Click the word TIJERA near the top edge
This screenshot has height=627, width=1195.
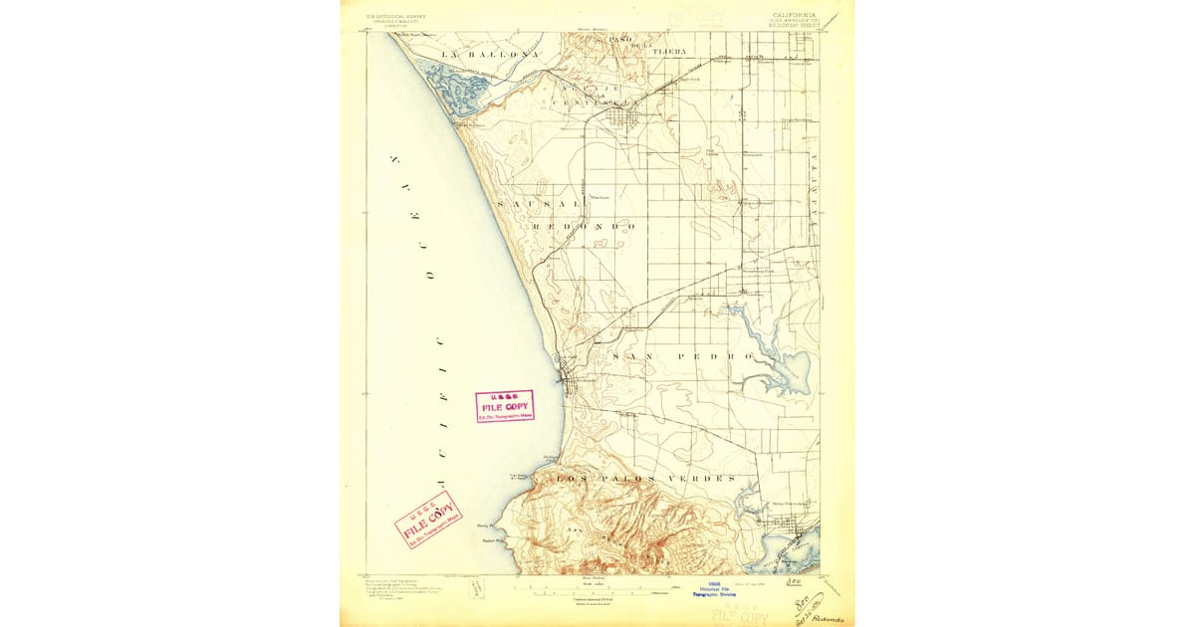668,50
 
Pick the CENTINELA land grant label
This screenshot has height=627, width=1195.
592,103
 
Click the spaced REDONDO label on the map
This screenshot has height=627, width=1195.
585,226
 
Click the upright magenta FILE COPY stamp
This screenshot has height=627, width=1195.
505,406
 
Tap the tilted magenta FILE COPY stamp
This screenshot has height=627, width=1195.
428,519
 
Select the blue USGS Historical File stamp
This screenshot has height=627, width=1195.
713,589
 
